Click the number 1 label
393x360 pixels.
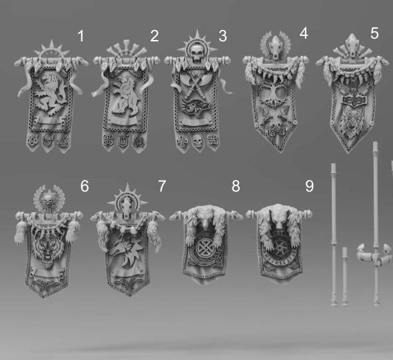pos(81,36)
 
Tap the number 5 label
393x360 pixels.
pos(374,33)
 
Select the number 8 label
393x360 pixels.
pos(236,186)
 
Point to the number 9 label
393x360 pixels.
pos(310,186)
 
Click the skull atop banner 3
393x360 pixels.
pos(196,52)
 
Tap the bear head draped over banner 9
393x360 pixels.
pos(278,216)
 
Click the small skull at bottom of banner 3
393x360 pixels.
pos(197,141)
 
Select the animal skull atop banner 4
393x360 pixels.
pos(275,47)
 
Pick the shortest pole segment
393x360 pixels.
pos(344,276)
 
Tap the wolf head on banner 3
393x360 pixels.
pos(195,107)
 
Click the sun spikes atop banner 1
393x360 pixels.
pos(52,49)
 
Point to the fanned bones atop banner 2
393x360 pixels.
pos(127,49)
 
